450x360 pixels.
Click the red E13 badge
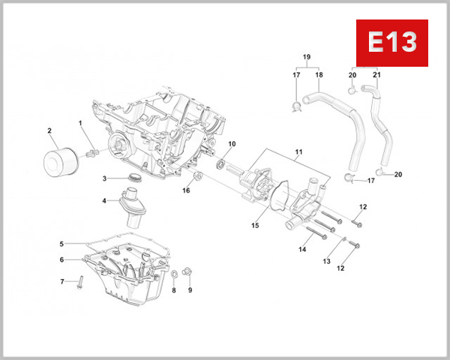[391, 42]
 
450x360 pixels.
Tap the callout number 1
[80, 122]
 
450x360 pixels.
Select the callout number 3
[106, 178]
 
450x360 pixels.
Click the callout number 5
[62, 244]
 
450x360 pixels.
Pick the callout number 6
[62, 259]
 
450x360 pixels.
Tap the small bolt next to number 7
[62, 281]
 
